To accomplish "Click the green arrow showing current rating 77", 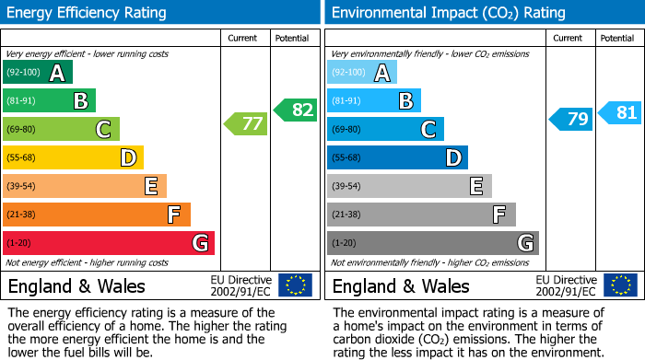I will pos(245,122).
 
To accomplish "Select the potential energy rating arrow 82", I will pos(295,110).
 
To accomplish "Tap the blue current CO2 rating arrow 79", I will pos(570,119).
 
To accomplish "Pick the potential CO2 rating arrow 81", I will pos(620,113).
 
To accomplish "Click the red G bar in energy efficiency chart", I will pos(109,243).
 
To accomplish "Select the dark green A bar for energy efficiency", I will pos(37,73).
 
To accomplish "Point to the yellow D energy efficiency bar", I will pos(73,158).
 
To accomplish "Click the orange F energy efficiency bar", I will pos(97,215).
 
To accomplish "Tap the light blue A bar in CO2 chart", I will pos(361,73).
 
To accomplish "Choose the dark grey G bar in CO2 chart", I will pos(432,243).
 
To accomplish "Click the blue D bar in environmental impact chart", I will pos(397,158).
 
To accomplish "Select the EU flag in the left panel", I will pos(295,285).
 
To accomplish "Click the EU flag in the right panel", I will pos(619,285).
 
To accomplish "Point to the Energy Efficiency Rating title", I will pos(88,13).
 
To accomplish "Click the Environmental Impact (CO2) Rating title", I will pos(448,13).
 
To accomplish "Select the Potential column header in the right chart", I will pos(617,38).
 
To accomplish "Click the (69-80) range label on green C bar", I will pos(22,130).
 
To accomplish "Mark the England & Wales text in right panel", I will pos(401,285).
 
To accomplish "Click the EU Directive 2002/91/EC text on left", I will pos(240,285).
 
